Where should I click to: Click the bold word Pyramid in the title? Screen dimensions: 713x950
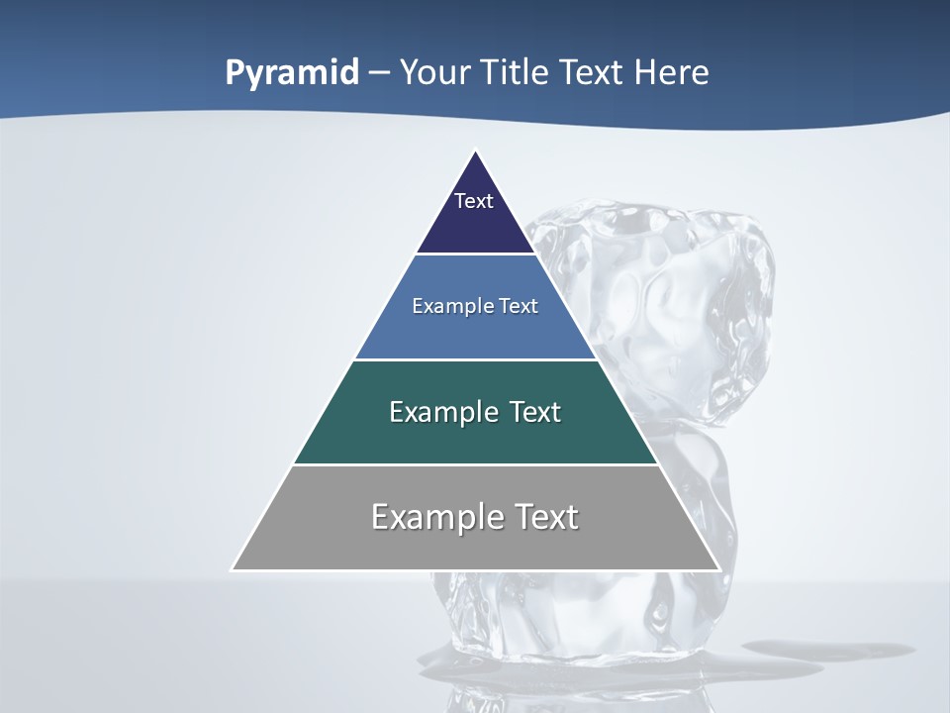point(292,73)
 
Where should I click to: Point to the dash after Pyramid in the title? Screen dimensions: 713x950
point(379,73)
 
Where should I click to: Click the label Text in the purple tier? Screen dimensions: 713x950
point(474,201)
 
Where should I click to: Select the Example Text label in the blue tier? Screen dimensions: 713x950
point(475,306)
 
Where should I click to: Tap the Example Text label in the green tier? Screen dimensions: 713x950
point(475,412)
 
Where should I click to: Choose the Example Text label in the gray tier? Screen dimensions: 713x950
point(475,517)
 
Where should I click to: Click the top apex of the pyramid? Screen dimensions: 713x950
point(476,152)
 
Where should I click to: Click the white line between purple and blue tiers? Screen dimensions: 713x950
point(476,255)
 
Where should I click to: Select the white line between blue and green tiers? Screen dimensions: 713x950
point(476,359)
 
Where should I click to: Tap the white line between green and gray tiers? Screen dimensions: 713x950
point(476,464)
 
